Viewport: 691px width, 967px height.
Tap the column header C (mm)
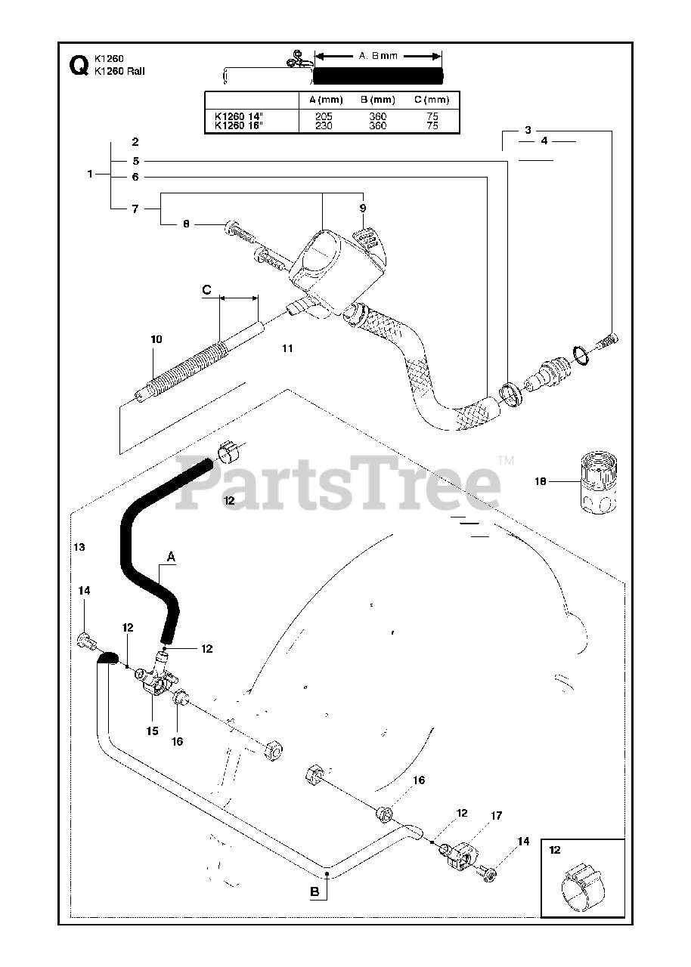[x=432, y=100]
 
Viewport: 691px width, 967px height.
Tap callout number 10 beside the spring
[x=156, y=340]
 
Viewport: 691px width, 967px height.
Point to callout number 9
[x=362, y=208]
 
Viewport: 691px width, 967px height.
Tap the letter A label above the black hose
[x=171, y=557]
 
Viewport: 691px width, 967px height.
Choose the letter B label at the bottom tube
[x=314, y=892]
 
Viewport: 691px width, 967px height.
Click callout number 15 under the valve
[x=152, y=731]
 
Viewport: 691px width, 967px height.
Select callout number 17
[x=496, y=816]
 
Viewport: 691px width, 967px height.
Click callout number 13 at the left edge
[x=80, y=546]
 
